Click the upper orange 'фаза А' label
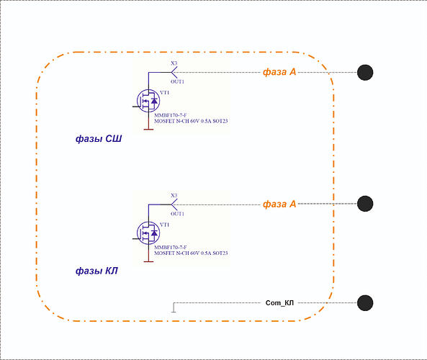pyautogui.click(x=279, y=72)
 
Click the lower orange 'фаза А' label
pyautogui.click(x=279, y=204)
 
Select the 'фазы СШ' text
pyautogui.click(x=99, y=139)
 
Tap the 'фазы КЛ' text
pyautogui.click(x=96, y=271)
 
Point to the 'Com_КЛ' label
pyautogui.click(x=279, y=303)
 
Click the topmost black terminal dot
pyautogui.click(x=365, y=73)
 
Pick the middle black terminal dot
pyautogui.click(x=365, y=204)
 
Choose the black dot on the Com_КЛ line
pyautogui.click(x=365, y=303)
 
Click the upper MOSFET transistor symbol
pyautogui.click(x=148, y=101)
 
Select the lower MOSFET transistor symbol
pyautogui.click(x=148, y=233)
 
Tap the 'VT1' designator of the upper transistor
pyautogui.click(x=164, y=93)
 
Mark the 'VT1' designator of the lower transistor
pyautogui.click(x=164, y=225)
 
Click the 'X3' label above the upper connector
pyautogui.click(x=174, y=63)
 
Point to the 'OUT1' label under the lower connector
pyautogui.click(x=177, y=214)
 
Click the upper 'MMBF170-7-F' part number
pyautogui.click(x=171, y=115)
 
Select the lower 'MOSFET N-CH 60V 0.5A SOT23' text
pyautogui.click(x=191, y=253)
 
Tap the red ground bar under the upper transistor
pyautogui.click(x=148, y=130)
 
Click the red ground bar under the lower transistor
pyautogui.click(x=148, y=261)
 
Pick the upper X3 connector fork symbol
pyautogui.click(x=174, y=73)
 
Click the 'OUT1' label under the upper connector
pyautogui.click(x=177, y=81)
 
